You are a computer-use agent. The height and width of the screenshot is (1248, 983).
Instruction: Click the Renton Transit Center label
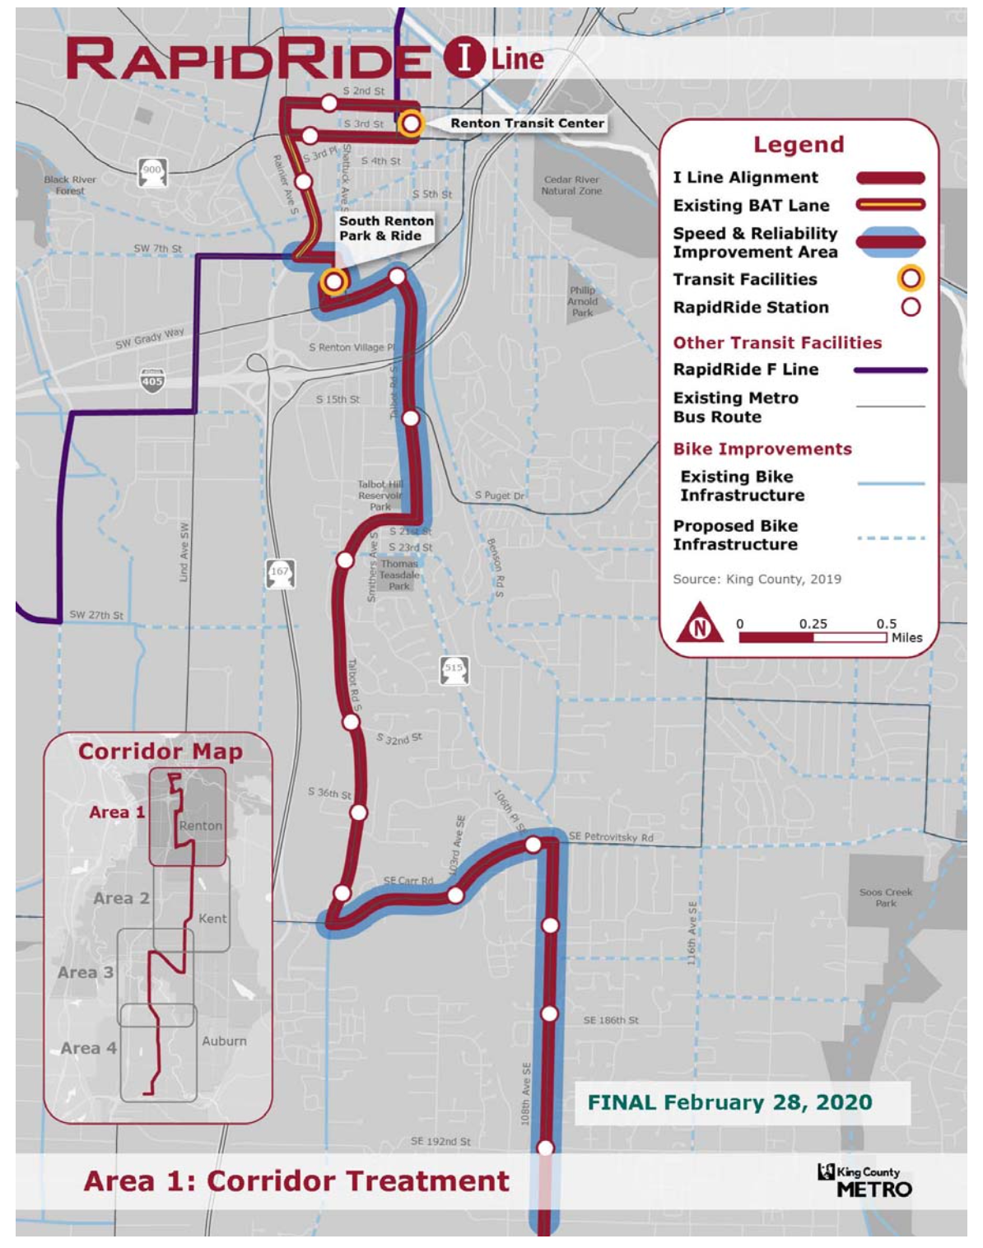pyautogui.click(x=527, y=123)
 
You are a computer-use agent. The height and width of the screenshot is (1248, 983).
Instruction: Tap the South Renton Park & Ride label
pyautogui.click(x=385, y=228)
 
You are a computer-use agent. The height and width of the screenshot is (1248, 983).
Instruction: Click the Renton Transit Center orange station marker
pyautogui.click(x=410, y=123)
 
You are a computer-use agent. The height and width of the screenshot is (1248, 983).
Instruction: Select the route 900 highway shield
pyautogui.click(x=152, y=171)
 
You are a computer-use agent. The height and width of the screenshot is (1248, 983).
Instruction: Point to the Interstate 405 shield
pyautogui.click(x=152, y=380)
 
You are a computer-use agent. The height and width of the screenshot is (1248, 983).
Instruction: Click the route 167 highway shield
pyautogui.click(x=280, y=572)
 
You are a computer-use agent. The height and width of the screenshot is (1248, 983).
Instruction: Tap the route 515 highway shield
pyautogui.click(x=454, y=669)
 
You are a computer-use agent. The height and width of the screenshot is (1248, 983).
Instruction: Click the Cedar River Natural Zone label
pyautogui.click(x=571, y=185)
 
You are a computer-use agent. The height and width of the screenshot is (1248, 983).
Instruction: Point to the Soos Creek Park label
pyautogui.click(x=885, y=897)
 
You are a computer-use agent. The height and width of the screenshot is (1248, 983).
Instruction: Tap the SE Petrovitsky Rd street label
pyautogui.click(x=611, y=837)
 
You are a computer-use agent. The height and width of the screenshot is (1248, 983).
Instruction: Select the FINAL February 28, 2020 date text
pyautogui.click(x=729, y=1102)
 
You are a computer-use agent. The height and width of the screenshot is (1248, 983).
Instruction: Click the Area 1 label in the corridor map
pyautogui.click(x=117, y=813)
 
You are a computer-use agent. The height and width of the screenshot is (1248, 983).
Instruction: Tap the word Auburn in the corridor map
pyautogui.click(x=224, y=1041)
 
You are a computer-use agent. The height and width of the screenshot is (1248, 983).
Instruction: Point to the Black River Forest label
pyautogui.click(x=70, y=185)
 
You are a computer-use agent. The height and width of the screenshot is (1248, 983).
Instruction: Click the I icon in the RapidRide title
pyautogui.click(x=463, y=58)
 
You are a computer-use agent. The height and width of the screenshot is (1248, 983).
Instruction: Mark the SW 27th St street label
pyautogui.click(x=96, y=615)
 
